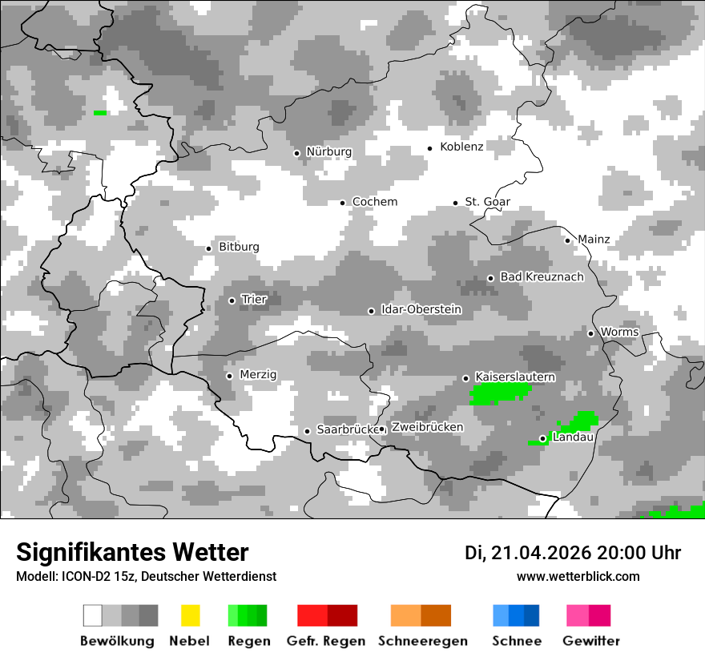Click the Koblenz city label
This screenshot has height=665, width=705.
point(461,147)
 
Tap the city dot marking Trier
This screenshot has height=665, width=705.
point(232,300)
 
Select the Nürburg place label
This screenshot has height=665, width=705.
point(328,151)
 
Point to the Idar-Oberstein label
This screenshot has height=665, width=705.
point(421,309)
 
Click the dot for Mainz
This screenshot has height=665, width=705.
point(568,240)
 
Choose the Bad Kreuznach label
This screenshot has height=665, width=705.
point(542,276)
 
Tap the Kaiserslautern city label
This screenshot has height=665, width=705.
point(515,377)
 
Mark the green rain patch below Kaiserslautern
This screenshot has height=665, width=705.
point(499,393)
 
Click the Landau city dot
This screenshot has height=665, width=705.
point(542,438)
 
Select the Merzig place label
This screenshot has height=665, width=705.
point(258,374)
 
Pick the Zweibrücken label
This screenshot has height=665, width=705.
point(427,427)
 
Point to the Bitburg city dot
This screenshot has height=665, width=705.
point(209,248)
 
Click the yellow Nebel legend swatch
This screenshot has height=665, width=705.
point(190,615)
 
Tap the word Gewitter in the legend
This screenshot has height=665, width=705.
point(591,641)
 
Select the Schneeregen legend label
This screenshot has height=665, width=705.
point(422,641)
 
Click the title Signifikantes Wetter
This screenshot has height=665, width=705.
point(132,552)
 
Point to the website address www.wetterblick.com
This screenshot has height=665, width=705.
point(578,576)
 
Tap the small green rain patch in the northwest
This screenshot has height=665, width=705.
point(100,113)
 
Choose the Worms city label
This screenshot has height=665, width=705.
point(619,332)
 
